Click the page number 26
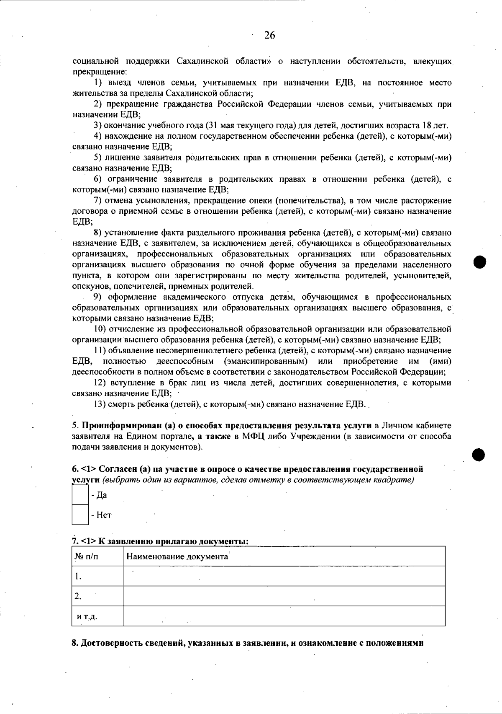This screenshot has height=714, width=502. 269,36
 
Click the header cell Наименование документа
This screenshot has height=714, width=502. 177,556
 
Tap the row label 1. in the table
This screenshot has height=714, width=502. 78,577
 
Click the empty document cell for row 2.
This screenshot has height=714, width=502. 284,596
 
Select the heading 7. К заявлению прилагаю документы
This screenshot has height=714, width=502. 160,541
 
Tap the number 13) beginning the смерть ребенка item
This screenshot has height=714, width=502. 100,404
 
